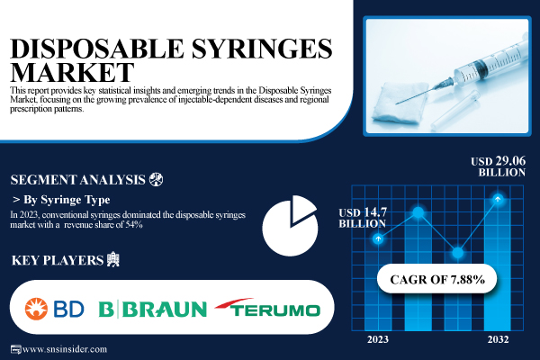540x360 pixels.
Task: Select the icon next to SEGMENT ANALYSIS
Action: point(157,177)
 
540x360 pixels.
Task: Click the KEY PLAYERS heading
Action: point(55,261)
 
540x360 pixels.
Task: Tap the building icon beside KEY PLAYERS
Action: point(112,261)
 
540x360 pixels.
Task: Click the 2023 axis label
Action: point(379,339)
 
